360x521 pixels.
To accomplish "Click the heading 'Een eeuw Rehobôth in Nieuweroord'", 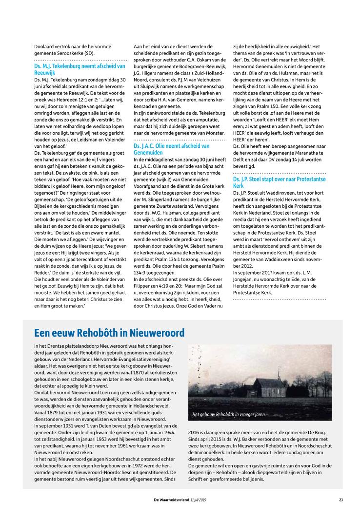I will coord(109,333).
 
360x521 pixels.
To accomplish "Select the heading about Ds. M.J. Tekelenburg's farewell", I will coord(80,68).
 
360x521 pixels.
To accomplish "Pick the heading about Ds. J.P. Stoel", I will coord(279,182).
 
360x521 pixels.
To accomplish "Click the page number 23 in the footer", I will coord(340,499).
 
